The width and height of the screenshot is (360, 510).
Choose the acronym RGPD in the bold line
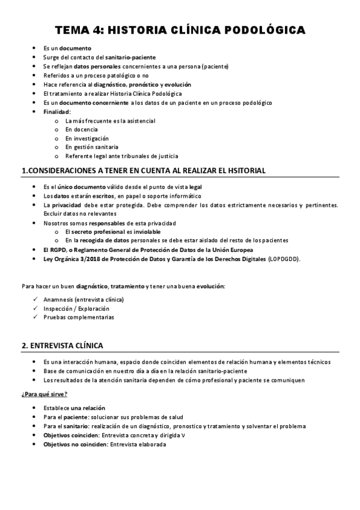[x=59, y=250]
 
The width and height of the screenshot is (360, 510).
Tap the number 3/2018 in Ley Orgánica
[x=90, y=259]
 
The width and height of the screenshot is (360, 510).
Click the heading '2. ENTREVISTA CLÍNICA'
[x=62, y=346]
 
